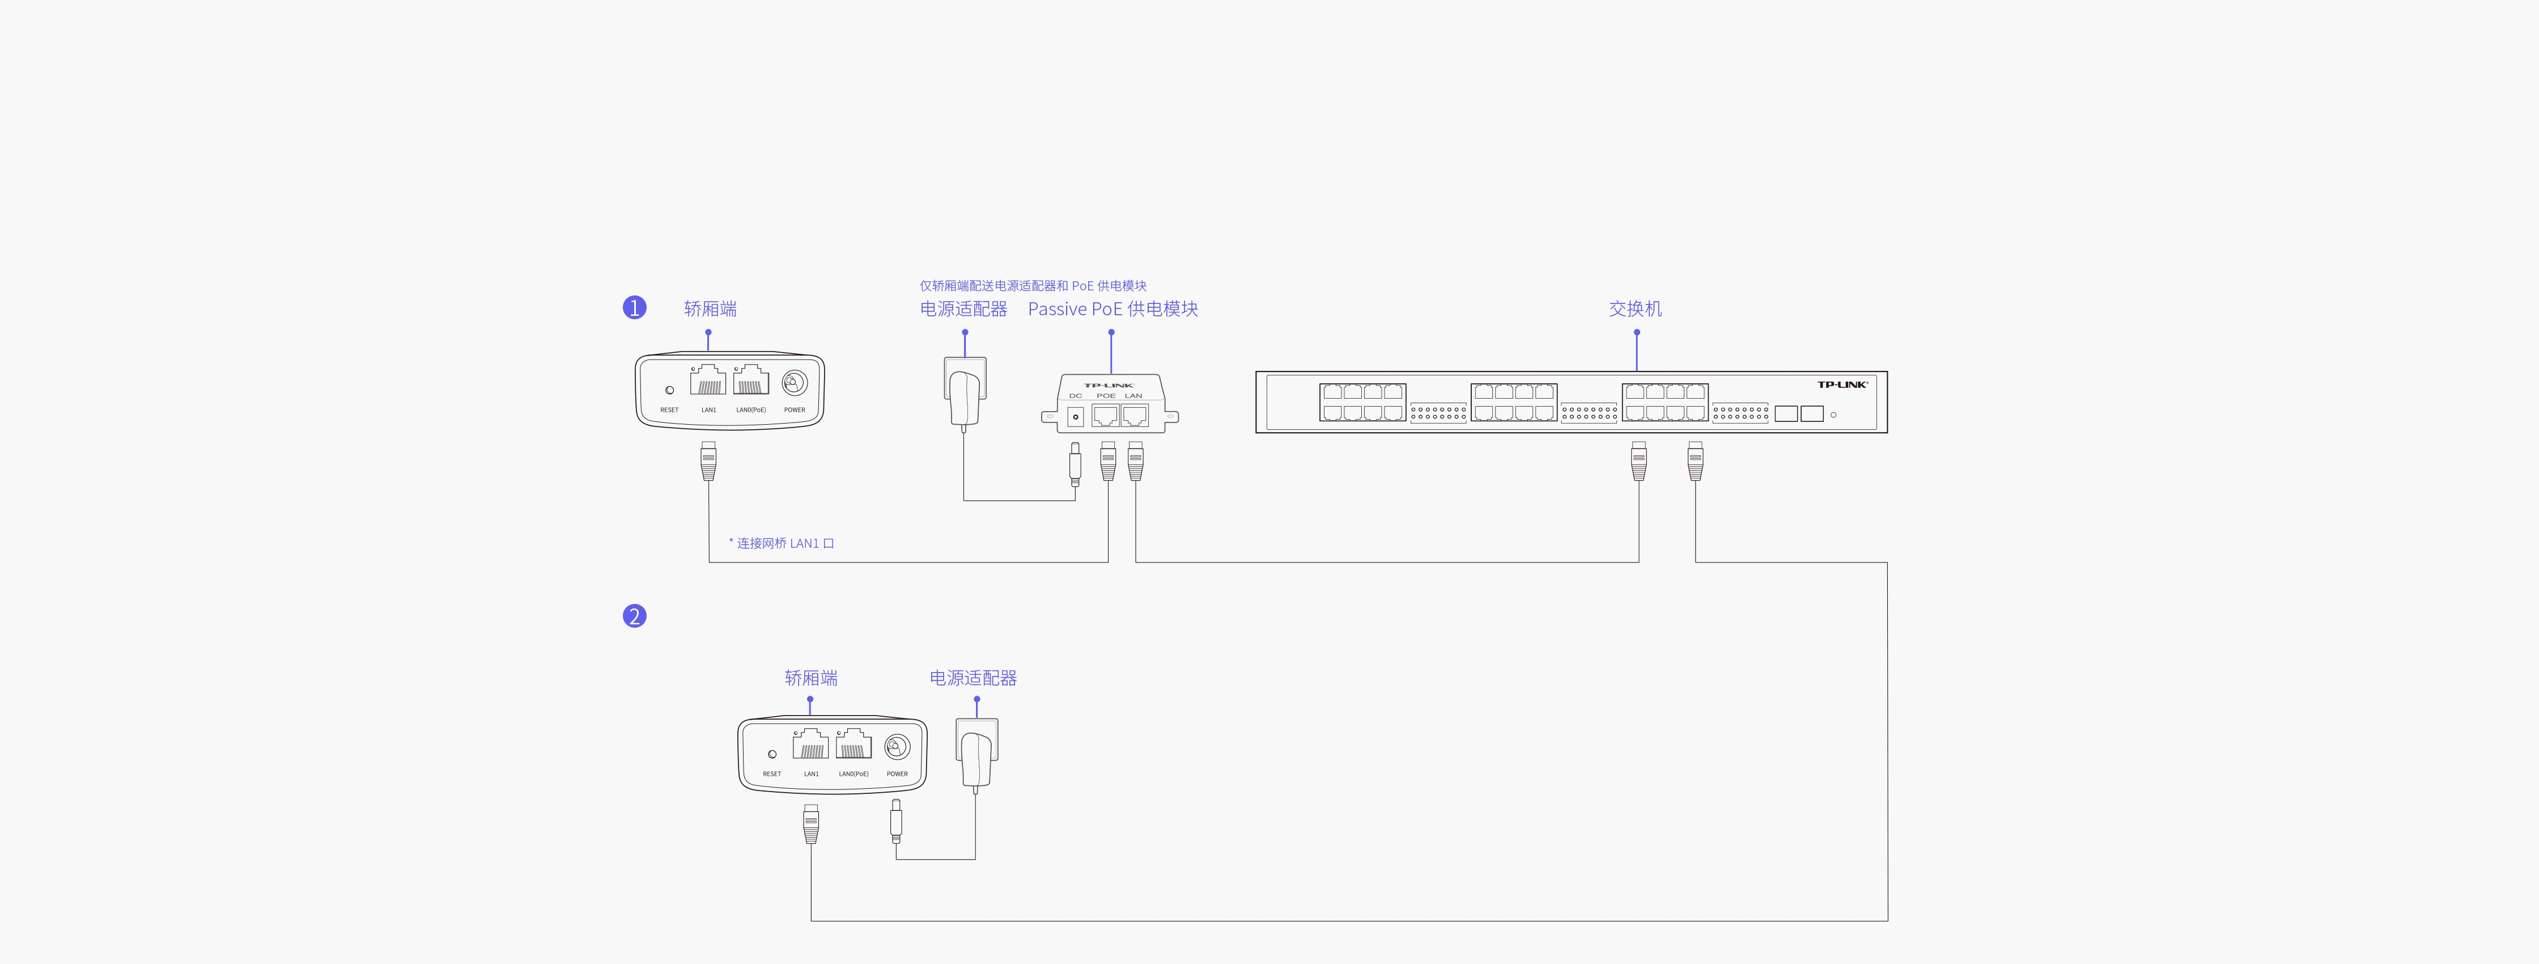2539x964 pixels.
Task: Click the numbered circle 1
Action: [634, 307]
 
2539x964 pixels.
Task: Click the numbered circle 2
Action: [634, 616]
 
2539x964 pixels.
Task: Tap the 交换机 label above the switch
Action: [1635, 308]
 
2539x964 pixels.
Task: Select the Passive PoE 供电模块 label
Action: [1113, 308]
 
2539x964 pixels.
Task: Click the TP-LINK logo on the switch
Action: [1841, 384]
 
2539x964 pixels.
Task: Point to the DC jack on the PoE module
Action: [1075, 417]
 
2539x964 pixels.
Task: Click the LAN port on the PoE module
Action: [1135, 415]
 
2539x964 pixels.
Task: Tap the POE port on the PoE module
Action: [1105, 415]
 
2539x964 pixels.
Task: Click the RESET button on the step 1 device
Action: [669, 390]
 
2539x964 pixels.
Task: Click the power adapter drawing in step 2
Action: [976, 755]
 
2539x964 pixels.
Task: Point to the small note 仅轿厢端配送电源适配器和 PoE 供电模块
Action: [1033, 286]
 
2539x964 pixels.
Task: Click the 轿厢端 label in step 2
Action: [810, 678]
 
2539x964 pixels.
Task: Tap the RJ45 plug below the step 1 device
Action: [708, 461]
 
